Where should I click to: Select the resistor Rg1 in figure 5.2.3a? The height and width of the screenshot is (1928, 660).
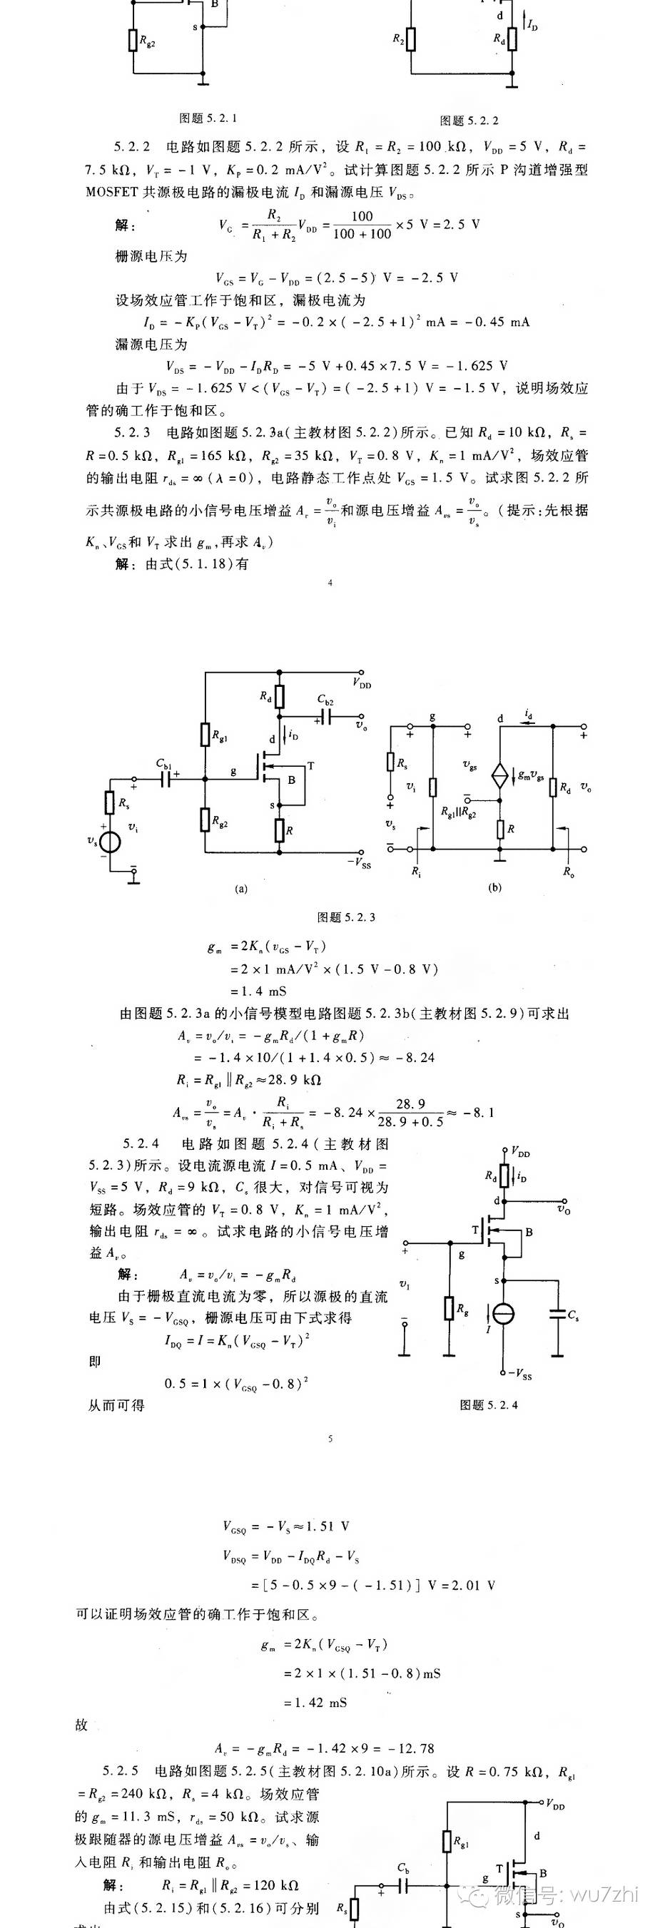coord(205,734)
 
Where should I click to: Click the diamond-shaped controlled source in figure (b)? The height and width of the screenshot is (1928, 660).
coord(499,775)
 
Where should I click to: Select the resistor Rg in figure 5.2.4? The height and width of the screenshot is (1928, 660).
coord(449,1308)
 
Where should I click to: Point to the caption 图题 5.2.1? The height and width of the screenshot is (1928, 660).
coord(208,118)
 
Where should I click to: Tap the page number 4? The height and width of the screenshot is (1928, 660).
coord(330,583)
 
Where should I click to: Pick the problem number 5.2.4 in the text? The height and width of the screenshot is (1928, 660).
coord(141,1143)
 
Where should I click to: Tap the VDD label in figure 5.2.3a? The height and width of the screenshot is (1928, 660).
coord(362,683)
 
